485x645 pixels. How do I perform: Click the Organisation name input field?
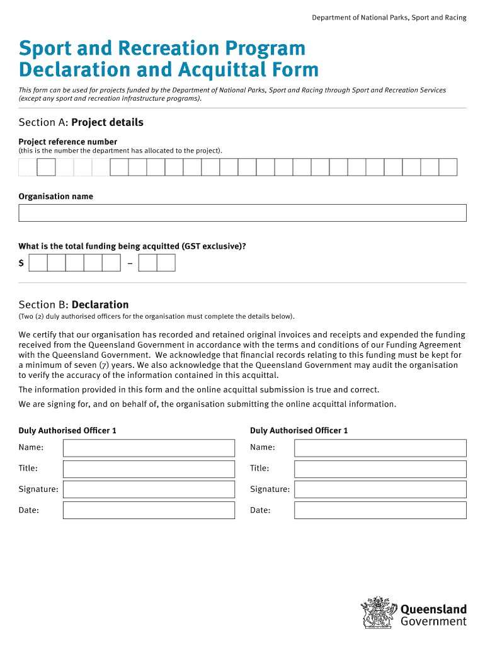pos(243,213)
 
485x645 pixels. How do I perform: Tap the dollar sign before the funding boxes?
pos(21,263)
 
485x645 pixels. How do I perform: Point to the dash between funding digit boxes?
pos(129,263)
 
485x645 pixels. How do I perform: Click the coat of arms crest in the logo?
pos(379,613)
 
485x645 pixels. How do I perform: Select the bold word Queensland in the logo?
pos(434,609)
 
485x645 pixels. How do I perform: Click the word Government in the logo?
pos(434,622)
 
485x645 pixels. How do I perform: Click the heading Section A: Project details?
pos(81,122)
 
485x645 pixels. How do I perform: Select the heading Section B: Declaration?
pos(74,305)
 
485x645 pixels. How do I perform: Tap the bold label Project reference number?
pos(68,142)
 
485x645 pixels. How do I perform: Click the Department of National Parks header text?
pos(389,18)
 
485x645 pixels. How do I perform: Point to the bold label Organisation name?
pos(55,197)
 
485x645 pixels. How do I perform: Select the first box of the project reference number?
pos(28,167)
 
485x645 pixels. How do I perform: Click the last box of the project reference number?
pos(448,167)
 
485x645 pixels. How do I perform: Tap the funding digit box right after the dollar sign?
pos(38,263)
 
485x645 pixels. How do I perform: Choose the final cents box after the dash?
pos(166,263)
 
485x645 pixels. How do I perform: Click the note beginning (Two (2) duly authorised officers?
pos(156,316)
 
